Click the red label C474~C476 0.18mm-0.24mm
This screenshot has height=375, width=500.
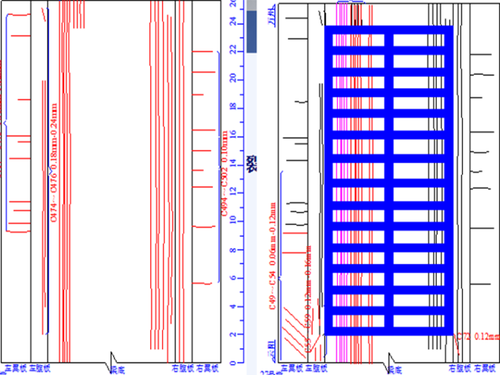(54, 162)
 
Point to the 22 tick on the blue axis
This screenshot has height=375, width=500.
(232, 49)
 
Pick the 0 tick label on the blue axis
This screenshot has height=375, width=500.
(232, 362)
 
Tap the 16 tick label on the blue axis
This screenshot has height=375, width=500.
(232, 134)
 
